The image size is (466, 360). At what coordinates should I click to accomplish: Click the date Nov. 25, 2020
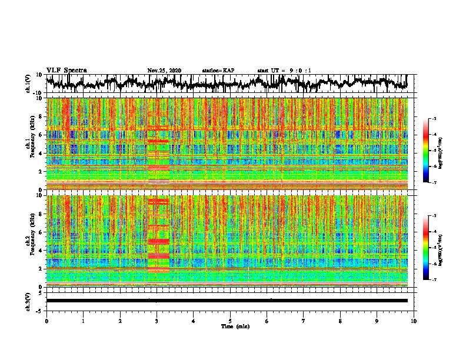[164, 71]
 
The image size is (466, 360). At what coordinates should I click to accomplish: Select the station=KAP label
[218, 71]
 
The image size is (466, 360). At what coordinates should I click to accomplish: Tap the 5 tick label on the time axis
[230, 321]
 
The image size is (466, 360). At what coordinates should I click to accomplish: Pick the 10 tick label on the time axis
[414, 321]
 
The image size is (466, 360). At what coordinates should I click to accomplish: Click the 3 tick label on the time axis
[157, 321]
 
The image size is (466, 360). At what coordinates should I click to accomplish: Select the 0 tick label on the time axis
[46, 321]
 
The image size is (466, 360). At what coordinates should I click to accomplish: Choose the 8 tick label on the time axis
[340, 321]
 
